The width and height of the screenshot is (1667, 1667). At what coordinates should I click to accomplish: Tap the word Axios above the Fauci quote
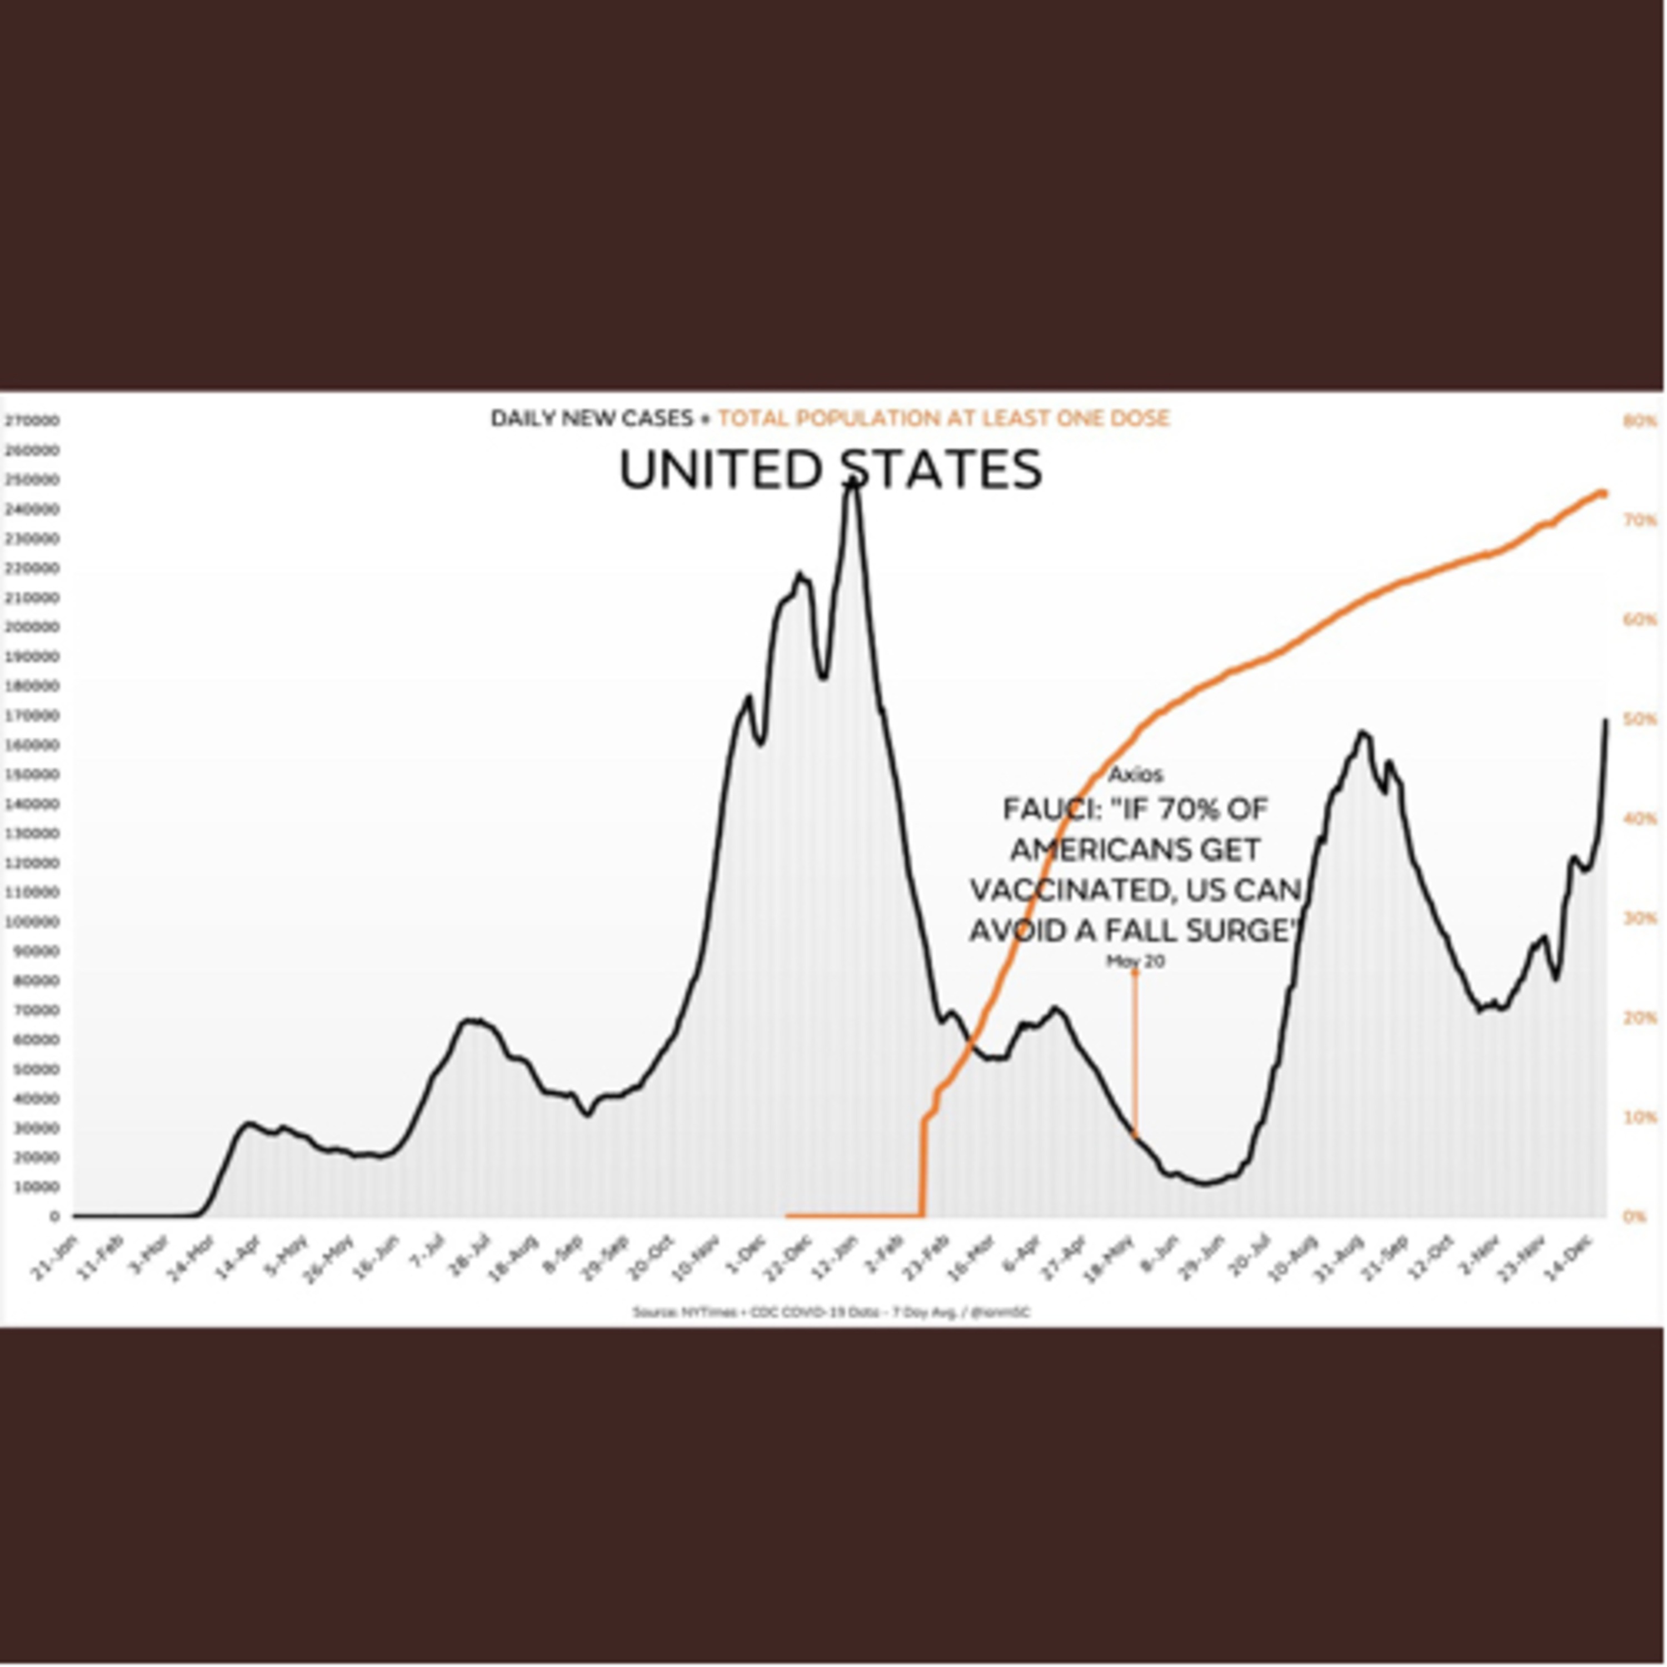[x=1135, y=774]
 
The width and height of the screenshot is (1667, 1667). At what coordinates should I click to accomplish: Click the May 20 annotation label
[x=1135, y=961]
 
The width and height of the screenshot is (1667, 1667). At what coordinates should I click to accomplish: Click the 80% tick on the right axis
[x=1639, y=421]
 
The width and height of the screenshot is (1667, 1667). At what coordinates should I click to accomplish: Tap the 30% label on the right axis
[x=1639, y=917]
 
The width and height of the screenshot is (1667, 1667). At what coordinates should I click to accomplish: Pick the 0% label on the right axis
[x=1635, y=1216]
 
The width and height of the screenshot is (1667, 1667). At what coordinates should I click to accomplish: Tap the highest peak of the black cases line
[x=852, y=483]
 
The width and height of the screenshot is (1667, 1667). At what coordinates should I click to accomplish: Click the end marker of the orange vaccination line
[x=1603, y=493]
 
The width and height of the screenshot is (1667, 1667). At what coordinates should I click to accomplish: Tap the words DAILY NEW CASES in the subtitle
[x=592, y=418]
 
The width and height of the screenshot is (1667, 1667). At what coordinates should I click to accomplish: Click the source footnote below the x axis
[x=831, y=1312]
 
